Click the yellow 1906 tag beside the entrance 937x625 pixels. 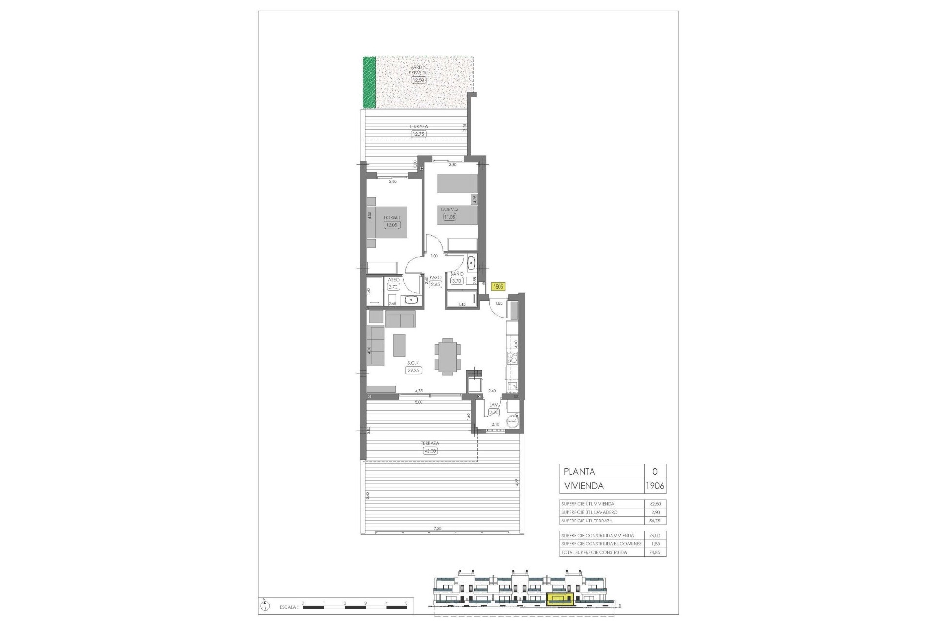point(498,287)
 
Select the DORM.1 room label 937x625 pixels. point(392,218)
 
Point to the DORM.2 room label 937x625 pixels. point(449,209)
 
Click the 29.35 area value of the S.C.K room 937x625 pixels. point(413,371)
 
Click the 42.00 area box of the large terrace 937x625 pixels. point(430,451)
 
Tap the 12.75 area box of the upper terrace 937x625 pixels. point(418,134)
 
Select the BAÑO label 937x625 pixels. point(457,274)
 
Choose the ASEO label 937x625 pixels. point(393,280)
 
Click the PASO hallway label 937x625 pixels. point(435,278)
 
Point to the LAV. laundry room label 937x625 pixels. point(494,405)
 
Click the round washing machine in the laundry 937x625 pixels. point(512,421)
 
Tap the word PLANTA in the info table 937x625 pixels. point(579,472)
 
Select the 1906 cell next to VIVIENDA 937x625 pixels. point(654,486)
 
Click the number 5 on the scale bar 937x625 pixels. point(406,603)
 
